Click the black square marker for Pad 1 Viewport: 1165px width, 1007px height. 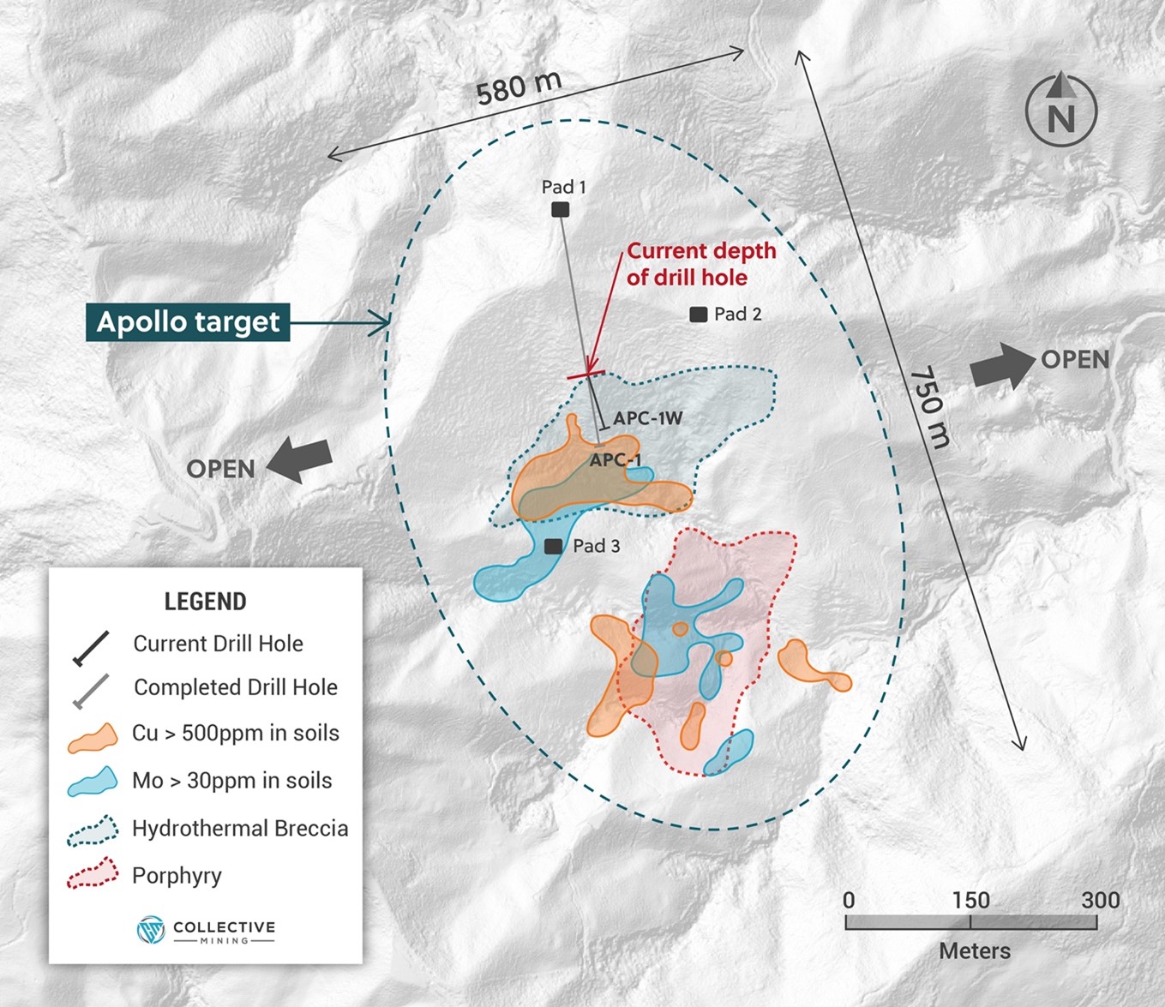[x=560, y=210]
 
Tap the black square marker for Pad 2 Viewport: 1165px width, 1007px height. [x=699, y=315]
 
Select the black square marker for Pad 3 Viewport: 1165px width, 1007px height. [x=554, y=546]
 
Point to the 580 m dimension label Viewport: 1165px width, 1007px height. [x=519, y=87]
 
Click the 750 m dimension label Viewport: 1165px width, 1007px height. [x=930, y=408]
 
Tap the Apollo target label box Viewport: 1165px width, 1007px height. [x=188, y=322]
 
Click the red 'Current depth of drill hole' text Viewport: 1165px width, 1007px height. [x=700, y=264]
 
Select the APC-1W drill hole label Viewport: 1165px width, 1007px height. [x=647, y=418]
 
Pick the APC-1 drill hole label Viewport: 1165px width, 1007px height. [x=616, y=460]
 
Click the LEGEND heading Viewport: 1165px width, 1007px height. [x=206, y=602]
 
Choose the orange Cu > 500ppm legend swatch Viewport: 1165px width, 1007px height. [x=93, y=738]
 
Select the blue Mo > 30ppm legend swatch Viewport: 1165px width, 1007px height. [x=93, y=782]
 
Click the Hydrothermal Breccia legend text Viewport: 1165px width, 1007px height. [x=240, y=829]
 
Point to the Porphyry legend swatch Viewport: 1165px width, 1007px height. [x=93, y=874]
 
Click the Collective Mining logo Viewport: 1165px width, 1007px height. [x=206, y=931]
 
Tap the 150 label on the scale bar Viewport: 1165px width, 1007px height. [x=970, y=901]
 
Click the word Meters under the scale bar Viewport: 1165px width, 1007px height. [x=975, y=951]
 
